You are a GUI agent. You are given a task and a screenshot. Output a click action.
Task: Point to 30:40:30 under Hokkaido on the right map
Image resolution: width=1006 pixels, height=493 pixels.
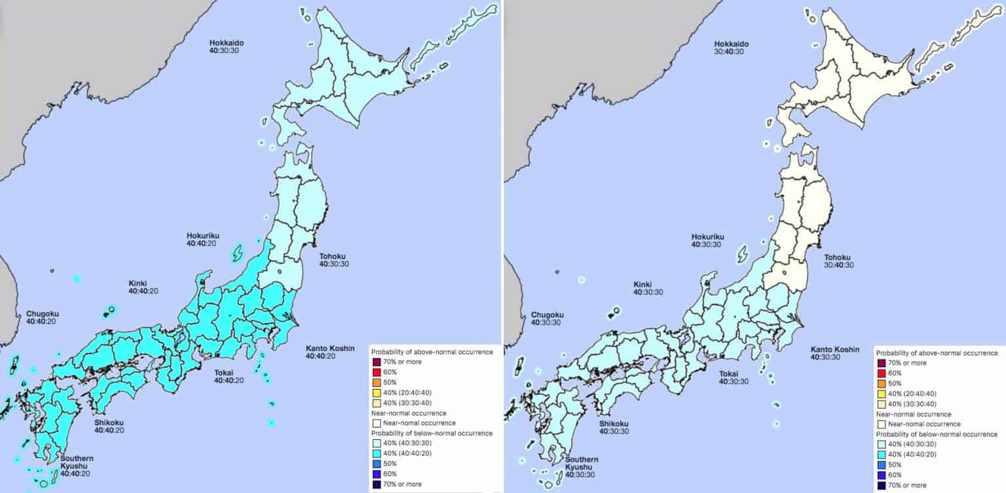tap(730, 51)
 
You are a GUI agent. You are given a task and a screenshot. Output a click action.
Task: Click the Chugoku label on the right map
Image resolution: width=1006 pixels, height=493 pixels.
tap(547, 314)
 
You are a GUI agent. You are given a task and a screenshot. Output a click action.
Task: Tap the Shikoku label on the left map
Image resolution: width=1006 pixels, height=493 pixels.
tap(108, 423)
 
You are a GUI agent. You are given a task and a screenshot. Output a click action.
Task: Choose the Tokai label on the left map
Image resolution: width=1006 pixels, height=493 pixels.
tap(224, 373)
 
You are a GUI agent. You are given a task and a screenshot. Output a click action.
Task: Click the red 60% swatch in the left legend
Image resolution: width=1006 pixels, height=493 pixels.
tap(376, 373)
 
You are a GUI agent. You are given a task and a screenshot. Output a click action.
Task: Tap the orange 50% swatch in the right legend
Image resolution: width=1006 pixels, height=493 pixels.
tap(881, 383)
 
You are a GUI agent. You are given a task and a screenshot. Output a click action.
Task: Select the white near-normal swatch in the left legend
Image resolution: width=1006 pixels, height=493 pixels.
tap(376, 423)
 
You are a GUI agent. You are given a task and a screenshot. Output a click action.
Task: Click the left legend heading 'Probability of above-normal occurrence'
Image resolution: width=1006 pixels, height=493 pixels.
tap(432, 352)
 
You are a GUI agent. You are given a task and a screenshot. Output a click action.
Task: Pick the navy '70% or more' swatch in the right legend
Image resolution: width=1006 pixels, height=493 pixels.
tap(881, 484)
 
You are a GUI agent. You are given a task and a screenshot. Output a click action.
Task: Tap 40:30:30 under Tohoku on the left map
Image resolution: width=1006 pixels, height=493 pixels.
tap(333, 265)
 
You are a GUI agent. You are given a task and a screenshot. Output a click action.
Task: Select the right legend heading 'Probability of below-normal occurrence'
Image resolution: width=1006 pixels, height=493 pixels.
tap(937, 433)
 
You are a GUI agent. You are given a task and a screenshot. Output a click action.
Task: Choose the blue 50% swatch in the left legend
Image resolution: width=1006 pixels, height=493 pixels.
tap(376, 464)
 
